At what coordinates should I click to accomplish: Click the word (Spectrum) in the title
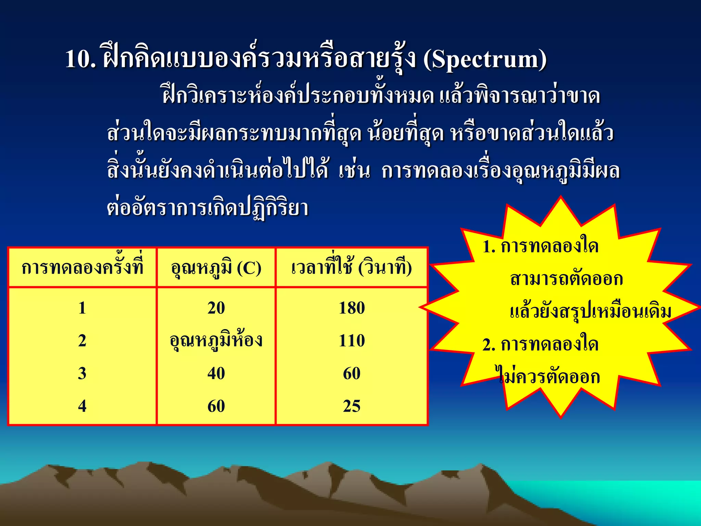pos(485,60)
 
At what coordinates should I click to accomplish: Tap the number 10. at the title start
pos(81,60)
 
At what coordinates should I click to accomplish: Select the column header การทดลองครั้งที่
pos(82,267)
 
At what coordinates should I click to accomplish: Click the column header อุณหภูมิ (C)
pos(216,268)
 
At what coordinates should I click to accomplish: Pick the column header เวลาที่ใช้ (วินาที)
pos(352,267)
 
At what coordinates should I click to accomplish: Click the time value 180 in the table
pos(352,308)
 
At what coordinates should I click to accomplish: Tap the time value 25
pos(352,406)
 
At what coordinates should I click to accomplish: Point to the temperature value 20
pos(216,308)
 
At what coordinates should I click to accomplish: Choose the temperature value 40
pos(216,373)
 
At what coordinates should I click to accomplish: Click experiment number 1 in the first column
pos(82,308)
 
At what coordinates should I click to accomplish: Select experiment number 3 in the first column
pos(82,373)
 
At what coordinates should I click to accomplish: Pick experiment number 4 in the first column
pos(82,406)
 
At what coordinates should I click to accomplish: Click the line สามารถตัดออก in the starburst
pos(566,279)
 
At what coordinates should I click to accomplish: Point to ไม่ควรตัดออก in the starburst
pos(548,377)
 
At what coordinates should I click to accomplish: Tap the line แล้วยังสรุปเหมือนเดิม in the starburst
pos(590,312)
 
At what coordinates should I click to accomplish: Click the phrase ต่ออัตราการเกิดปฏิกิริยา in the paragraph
pos(207,208)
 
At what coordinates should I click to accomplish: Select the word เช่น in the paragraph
pos(355,171)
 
